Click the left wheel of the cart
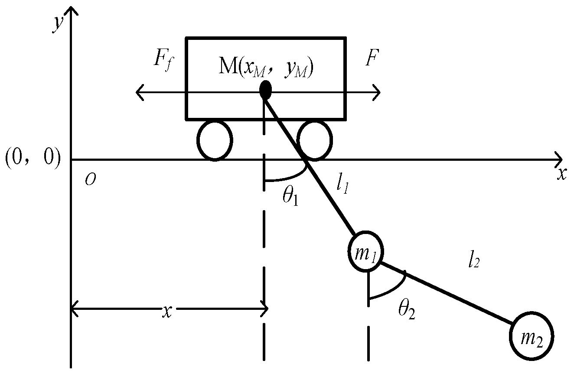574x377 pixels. tap(215, 140)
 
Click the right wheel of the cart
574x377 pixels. tap(315, 140)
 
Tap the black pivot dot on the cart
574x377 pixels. tap(265, 90)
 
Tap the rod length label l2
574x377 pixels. tap(473, 261)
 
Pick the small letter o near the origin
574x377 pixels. tap(89, 180)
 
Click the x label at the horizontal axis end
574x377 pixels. tap(562, 174)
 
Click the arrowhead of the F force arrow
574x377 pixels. tap(377, 92)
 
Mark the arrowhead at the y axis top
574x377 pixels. tap(71, 10)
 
